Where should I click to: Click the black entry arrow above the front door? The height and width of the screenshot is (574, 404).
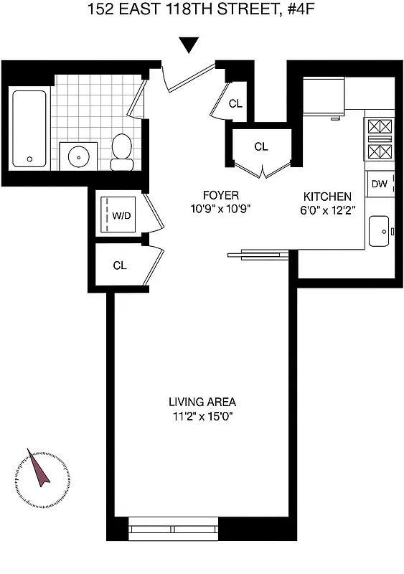(x=189, y=45)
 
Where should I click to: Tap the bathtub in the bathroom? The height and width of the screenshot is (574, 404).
(x=29, y=128)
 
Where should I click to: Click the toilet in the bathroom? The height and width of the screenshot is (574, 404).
(x=122, y=152)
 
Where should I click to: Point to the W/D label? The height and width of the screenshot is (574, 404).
(x=122, y=216)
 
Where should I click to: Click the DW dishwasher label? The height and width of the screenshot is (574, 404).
(x=380, y=184)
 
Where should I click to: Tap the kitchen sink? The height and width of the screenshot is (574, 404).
(x=380, y=231)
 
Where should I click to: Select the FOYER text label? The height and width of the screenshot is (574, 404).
(x=220, y=195)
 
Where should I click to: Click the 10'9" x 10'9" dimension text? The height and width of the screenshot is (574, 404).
(x=220, y=209)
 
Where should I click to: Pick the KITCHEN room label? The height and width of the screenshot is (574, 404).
(x=327, y=197)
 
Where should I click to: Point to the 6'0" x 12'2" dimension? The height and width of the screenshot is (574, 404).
(x=327, y=210)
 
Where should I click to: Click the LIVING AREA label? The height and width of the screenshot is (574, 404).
(x=202, y=402)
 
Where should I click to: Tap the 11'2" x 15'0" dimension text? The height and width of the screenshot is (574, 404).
(x=202, y=415)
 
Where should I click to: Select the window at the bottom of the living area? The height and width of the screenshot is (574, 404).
(x=173, y=532)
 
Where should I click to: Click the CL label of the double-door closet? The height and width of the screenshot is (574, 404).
(x=261, y=147)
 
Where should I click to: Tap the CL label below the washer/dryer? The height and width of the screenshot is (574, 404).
(x=120, y=265)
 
